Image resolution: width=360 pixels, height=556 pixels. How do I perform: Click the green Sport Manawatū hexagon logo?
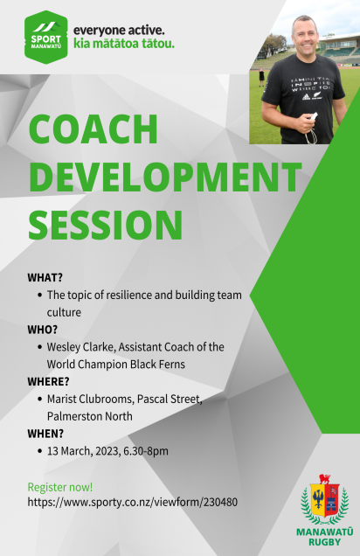pyautogui.click(x=46, y=38)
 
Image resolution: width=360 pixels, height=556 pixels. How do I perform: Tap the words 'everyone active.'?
pyautogui.click(x=119, y=31)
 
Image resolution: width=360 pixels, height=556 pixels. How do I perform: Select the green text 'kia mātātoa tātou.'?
pyautogui.click(x=124, y=44)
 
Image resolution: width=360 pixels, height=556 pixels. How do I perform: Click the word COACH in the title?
pyautogui.click(x=93, y=129)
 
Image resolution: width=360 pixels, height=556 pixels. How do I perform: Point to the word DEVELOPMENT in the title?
pyautogui.click(x=165, y=177)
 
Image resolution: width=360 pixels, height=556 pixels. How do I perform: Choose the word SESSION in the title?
pyautogui.click(x=106, y=225)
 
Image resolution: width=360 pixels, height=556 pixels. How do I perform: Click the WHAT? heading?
pyautogui.click(x=45, y=278)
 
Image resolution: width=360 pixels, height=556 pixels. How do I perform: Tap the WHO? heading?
pyautogui.click(x=43, y=330)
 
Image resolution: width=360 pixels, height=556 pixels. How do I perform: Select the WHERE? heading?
pyautogui.click(x=49, y=381)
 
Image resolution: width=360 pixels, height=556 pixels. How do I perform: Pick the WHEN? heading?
pyautogui.click(x=45, y=434)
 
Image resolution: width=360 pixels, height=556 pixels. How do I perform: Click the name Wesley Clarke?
pyautogui.click(x=80, y=347)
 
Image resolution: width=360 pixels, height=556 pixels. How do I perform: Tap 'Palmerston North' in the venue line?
pyautogui.click(x=90, y=416)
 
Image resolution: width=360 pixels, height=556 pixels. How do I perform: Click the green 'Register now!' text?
pyautogui.click(x=60, y=487)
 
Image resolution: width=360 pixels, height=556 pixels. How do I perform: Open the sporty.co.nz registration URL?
pyautogui.click(x=133, y=503)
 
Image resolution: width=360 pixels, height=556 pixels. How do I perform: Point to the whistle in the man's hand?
pyautogui.click(x=314, y=116)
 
